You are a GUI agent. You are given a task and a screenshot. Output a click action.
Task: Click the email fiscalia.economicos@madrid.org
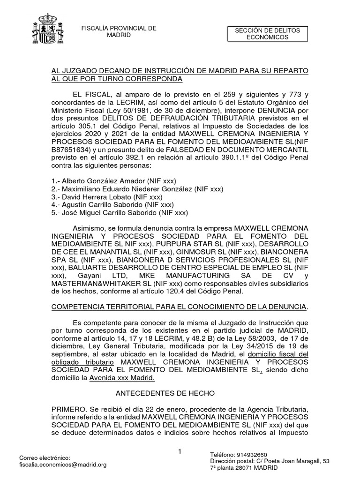click(x=63, y=465)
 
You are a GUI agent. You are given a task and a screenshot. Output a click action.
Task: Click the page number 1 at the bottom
click(x=180, y=451)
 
